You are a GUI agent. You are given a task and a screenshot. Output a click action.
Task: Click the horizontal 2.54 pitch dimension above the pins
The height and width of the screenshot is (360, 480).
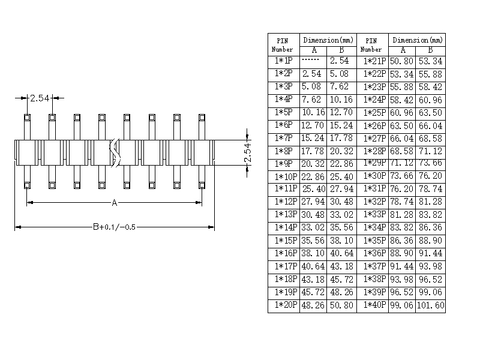(x=39, y=98)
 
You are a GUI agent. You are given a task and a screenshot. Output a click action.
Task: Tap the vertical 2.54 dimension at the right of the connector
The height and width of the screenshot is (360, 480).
(x=248, y=153)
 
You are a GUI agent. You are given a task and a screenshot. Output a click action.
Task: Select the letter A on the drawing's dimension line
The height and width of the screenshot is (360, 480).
(x=114, y=203)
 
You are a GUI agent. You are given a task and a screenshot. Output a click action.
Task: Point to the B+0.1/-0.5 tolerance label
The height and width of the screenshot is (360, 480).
(x=114, y=227)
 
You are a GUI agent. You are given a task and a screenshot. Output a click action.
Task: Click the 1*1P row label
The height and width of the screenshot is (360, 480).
(x=283, y=61)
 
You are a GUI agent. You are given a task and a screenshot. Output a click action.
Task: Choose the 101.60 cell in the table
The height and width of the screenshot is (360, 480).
(x=431, y=305)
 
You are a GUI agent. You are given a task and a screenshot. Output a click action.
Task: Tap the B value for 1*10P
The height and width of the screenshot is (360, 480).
(x=340, y=176)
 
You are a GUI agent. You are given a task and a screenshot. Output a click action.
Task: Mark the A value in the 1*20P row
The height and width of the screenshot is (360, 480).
(x=312, y=305)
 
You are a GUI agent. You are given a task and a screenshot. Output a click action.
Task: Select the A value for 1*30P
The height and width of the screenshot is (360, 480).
(x=401, y=176)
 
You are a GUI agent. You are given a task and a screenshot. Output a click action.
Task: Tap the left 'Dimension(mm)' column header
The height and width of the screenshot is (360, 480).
(x=327, y=40)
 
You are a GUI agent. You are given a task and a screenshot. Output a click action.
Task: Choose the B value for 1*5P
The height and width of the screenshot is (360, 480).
(x=340, y=112)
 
